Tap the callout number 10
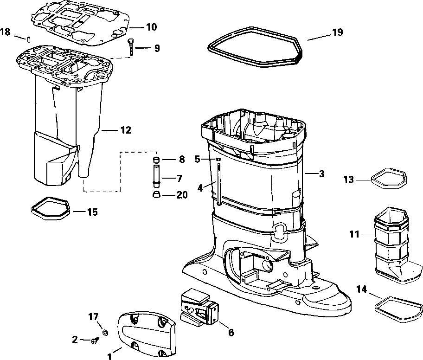[151, 27]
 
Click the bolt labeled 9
[131, 48]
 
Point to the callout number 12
[126, 130]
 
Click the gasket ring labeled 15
[50, 207]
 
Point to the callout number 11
[354, 235]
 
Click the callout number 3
[321, 174]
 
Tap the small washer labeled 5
[217, 159]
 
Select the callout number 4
[200, 188]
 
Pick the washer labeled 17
[105, 333]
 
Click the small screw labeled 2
[95, 341]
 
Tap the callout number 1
[109, 356]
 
